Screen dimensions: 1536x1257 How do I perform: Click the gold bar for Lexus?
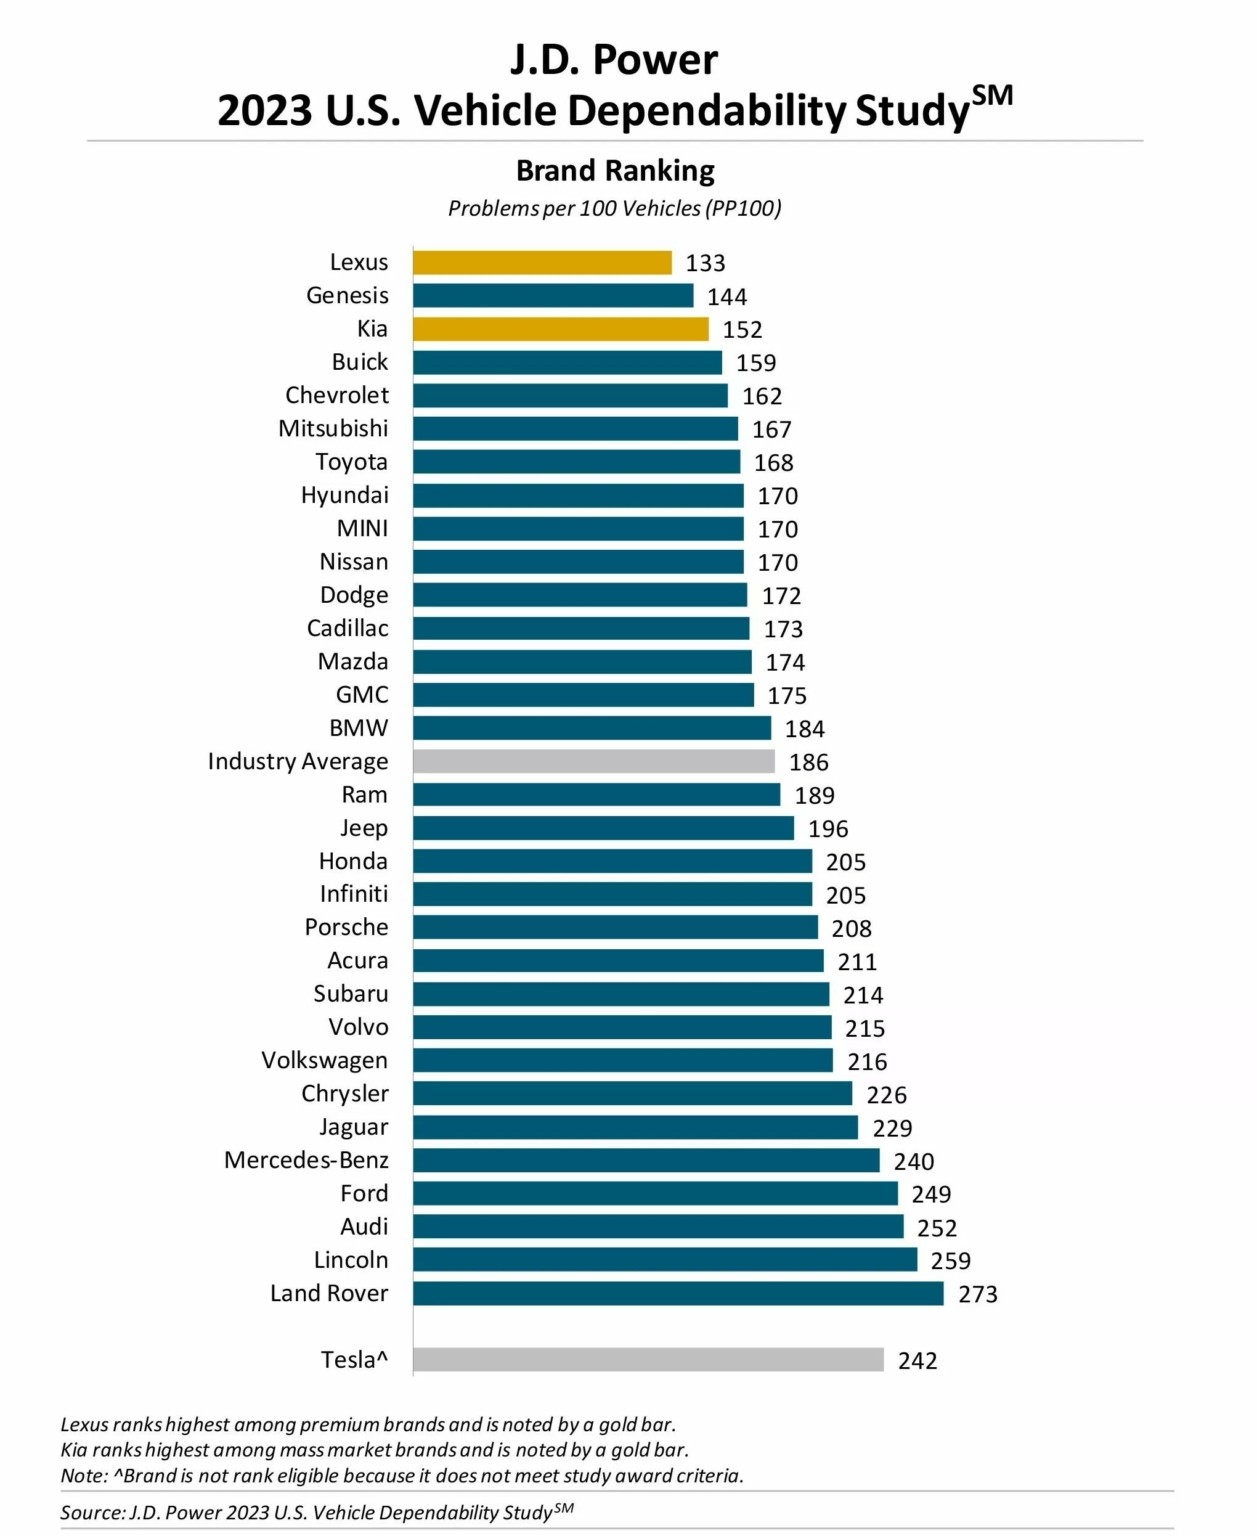tap(542, 263)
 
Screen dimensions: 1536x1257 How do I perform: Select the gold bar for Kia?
tap(560, 329)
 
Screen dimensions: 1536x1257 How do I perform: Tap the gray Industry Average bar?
tap(593, 762)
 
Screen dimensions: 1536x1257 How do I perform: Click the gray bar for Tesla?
tap(648, 1360)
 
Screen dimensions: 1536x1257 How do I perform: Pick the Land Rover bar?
tap(678, 1294)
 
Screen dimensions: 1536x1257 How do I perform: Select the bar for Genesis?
tap(553, 296)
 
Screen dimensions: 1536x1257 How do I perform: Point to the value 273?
tap(977, 1295)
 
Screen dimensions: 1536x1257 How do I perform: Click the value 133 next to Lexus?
tap(705, 263)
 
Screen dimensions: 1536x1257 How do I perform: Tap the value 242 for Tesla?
tap(917, 1361)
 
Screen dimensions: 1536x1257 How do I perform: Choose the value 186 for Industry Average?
tap(808, 763)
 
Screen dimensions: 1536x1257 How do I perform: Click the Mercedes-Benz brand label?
tap(306, 1160)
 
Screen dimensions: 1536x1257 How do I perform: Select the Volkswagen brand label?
tap(324, 1060)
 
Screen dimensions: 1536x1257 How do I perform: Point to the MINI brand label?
tap(362, 528)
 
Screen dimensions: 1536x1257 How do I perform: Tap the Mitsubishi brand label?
tap(333, 429)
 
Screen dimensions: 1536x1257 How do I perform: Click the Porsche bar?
tap(615, 928)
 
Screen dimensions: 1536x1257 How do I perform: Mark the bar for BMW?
tap(592, 728)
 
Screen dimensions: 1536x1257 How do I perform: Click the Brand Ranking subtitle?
tap(615, 171)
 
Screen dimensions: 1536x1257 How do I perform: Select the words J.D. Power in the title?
tap(614, 60)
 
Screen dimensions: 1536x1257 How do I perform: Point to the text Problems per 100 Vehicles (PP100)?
tap(614, 209)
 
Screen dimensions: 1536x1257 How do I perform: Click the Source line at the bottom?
tap(316, 1512)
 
